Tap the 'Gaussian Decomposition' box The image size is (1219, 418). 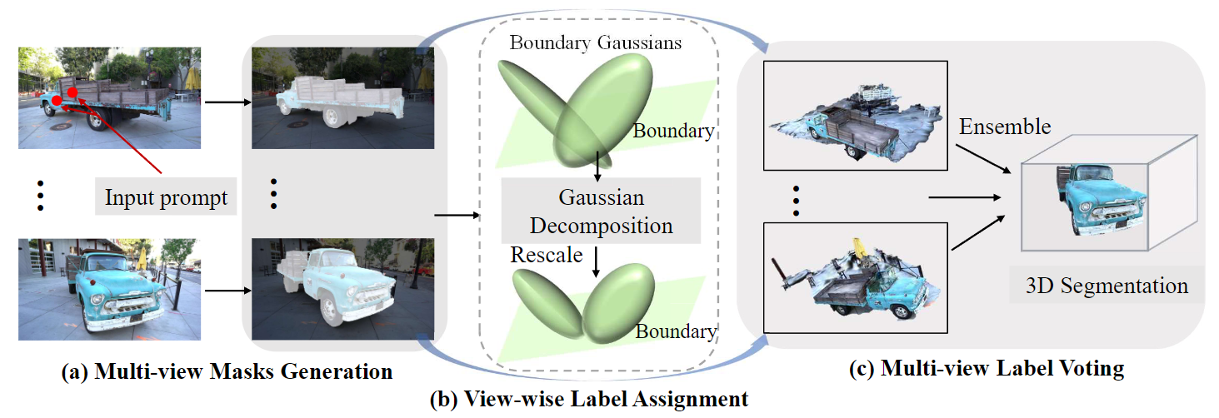pos(601,211)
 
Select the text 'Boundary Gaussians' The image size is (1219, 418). pos(596,42)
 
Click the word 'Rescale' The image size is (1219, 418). pos(546,255)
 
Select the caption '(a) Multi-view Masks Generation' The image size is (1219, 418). pos(227,371)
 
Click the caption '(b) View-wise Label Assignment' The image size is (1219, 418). pos(588,399)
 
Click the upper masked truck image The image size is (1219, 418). pos(343,97)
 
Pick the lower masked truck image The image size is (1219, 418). pos(343,289)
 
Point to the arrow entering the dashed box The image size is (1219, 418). pos(457,216)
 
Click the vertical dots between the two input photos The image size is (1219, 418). pos(39,196)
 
